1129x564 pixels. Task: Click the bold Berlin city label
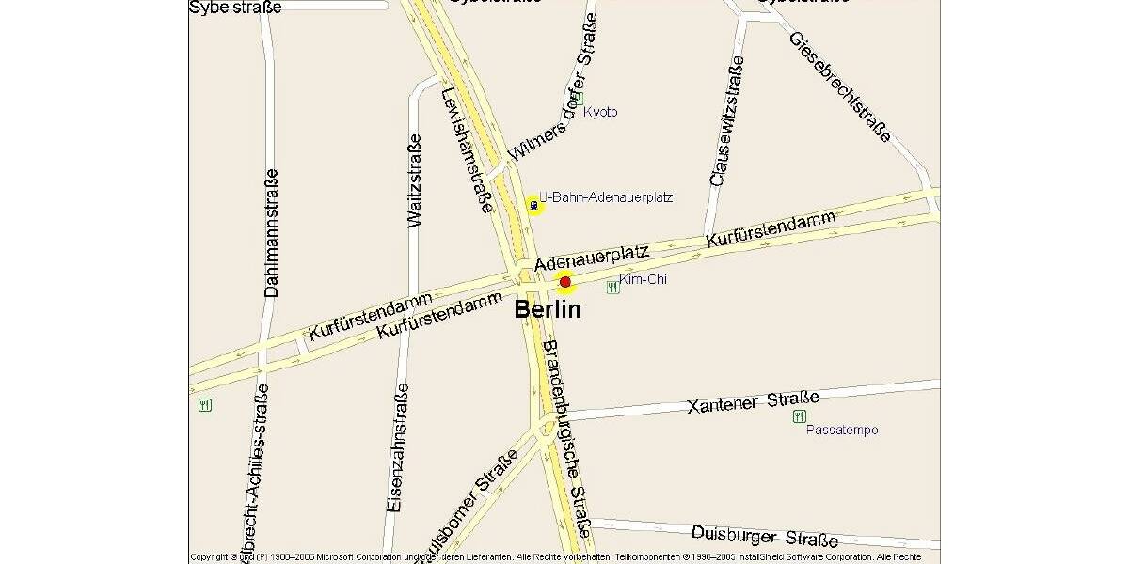548,309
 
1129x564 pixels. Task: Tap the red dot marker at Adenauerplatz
565,281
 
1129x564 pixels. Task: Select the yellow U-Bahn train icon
534,205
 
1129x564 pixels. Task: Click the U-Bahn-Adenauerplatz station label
606,197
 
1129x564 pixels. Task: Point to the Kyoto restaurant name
601,112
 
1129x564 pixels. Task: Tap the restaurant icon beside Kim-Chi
613,288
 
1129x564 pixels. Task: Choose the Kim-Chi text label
644,279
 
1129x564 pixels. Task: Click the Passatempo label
842,430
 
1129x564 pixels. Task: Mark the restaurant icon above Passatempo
800,415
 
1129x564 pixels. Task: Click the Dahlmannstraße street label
271,232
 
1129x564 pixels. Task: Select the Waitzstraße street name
414,180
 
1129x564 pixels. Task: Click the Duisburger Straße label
764,536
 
